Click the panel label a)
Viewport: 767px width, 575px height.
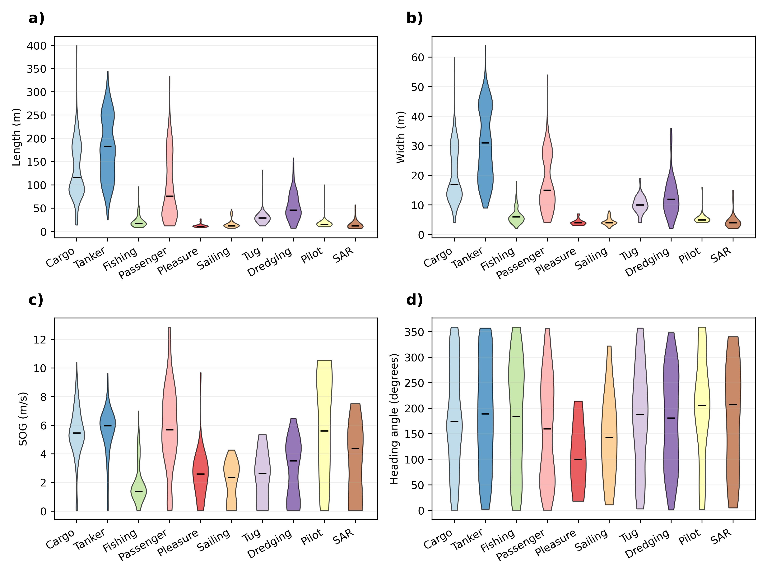point(36,18)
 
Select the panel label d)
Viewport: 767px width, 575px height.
point(414,300)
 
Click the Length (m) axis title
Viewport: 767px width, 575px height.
point(16,137)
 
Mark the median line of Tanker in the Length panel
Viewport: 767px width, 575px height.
point(108,146)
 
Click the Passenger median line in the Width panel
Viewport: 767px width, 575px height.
point(547,190)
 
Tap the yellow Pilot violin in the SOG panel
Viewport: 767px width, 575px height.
point(324,433)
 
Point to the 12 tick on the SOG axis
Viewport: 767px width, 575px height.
point(40,340)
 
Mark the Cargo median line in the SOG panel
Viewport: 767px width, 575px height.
point(77,433)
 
